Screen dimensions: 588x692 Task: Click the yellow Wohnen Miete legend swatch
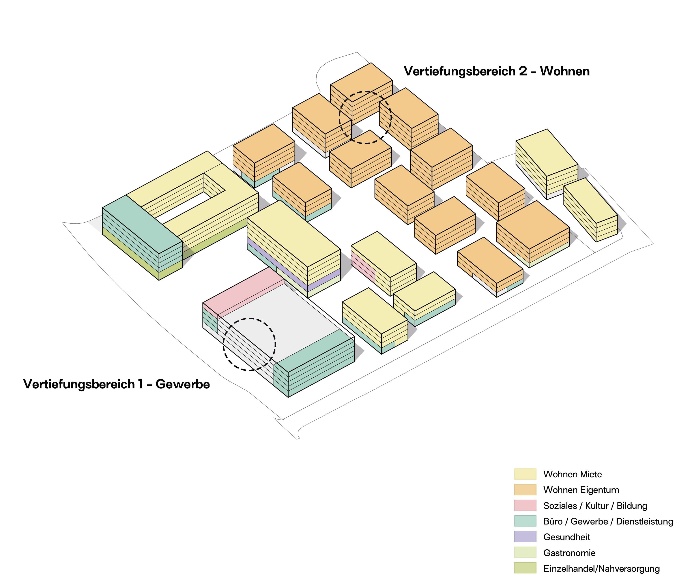(525, 474)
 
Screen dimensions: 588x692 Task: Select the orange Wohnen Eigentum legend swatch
(525, 490)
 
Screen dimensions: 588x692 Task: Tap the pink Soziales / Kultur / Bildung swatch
(525, 505)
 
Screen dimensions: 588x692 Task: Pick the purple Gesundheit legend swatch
(525, 537)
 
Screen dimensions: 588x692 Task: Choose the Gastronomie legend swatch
(525, 552)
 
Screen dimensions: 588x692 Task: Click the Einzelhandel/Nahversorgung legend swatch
(525, 568)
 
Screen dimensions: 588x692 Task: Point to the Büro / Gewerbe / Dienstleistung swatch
(525, 521)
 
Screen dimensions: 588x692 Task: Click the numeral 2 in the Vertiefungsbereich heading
(523, 71)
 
